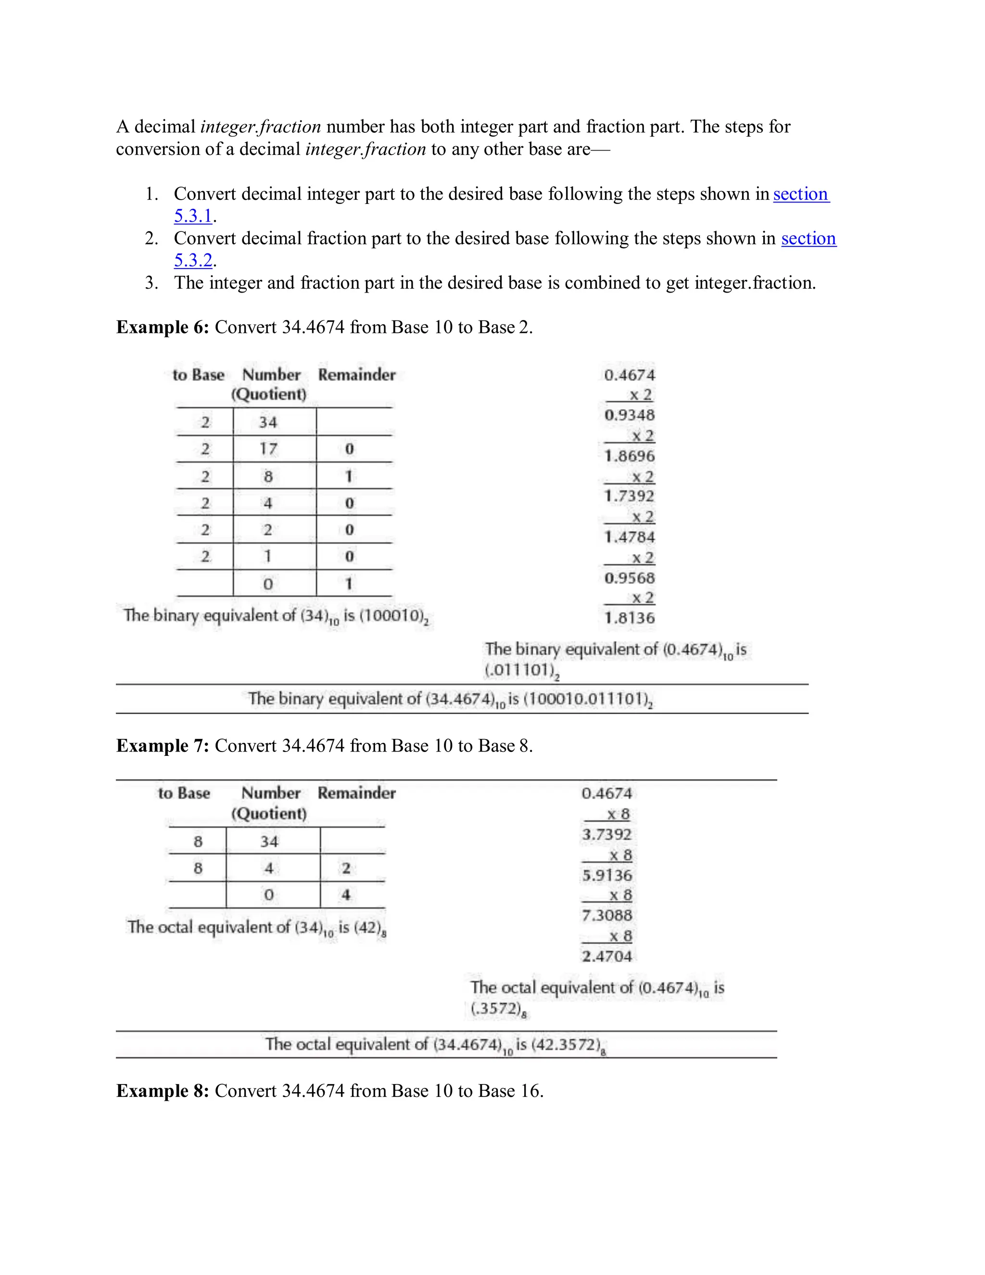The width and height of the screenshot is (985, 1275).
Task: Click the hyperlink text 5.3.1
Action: [x=192, y=216]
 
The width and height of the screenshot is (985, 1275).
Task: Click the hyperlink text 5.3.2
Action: [x=192, y=260]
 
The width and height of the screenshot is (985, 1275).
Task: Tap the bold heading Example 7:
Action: [x=162, y=746]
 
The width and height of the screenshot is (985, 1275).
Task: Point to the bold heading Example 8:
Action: [x=162, y=1091]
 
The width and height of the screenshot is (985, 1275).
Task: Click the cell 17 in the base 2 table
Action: [x=268, y=449]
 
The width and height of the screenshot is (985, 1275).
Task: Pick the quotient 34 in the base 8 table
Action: [x=269, y=841]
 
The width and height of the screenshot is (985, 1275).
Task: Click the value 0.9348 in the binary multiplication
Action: [x=629, y=415]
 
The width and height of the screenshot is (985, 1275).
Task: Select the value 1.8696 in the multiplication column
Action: [x=629, y=456]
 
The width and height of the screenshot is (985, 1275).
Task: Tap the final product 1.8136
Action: [x=629, y=618]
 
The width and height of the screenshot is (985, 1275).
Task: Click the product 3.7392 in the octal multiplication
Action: [x=607, y=834]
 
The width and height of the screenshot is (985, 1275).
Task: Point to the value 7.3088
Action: [x=607, y=915]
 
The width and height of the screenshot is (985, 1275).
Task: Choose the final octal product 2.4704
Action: [x=607, y=956]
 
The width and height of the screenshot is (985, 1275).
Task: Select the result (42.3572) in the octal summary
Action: [x=566, y=1045]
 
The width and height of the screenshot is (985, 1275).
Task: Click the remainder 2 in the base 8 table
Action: [x=346, y=868]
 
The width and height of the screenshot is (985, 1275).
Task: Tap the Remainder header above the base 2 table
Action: [x=356, y=375]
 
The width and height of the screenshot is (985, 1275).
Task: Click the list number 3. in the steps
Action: [x=152, y=283]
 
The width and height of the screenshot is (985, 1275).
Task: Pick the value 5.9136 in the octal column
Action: [x=607, y=875]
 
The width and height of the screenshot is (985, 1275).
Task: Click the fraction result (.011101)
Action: [x=519, y=670]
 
